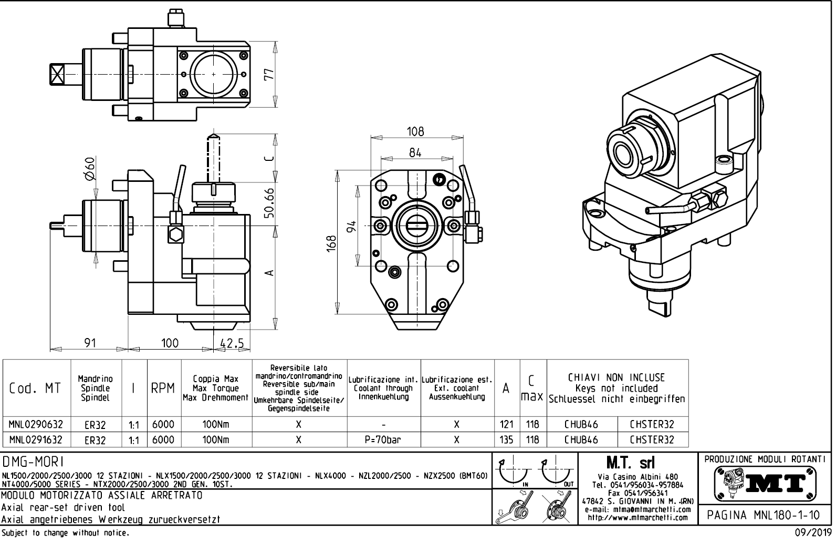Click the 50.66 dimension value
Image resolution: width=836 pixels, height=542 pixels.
[x=269, y=203]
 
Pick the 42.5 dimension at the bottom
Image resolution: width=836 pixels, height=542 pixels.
[x=232, y=343]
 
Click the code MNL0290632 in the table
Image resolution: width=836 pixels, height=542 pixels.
[x=36, y=424]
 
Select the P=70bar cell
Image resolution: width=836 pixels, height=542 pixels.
[x=384, y=439]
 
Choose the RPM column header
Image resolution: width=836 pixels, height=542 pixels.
[x=163, y=388]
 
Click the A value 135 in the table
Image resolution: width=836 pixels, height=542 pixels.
[x=507, y=439]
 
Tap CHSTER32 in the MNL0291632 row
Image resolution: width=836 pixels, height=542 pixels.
[x=652, y=439]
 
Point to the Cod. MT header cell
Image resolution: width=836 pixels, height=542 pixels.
[x=36, y=388]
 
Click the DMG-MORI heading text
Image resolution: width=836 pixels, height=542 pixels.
[x=34, y=462]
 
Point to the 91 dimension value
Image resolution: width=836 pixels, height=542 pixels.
[x=90, y=343]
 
